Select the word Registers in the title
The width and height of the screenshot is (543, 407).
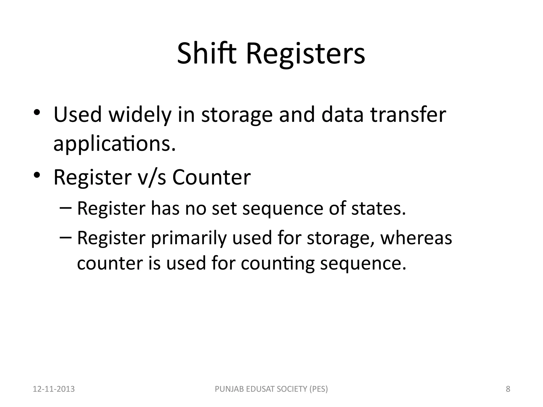pos(305,55)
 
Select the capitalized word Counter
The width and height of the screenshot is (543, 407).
pos(211,177)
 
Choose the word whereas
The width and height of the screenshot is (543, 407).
pos(416,238)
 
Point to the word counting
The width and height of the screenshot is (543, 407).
pos(278,264)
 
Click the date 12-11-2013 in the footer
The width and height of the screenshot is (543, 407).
pos(54,389)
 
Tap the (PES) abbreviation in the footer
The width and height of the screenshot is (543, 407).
pos(318,389)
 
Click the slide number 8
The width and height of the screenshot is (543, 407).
pos(508,389)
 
